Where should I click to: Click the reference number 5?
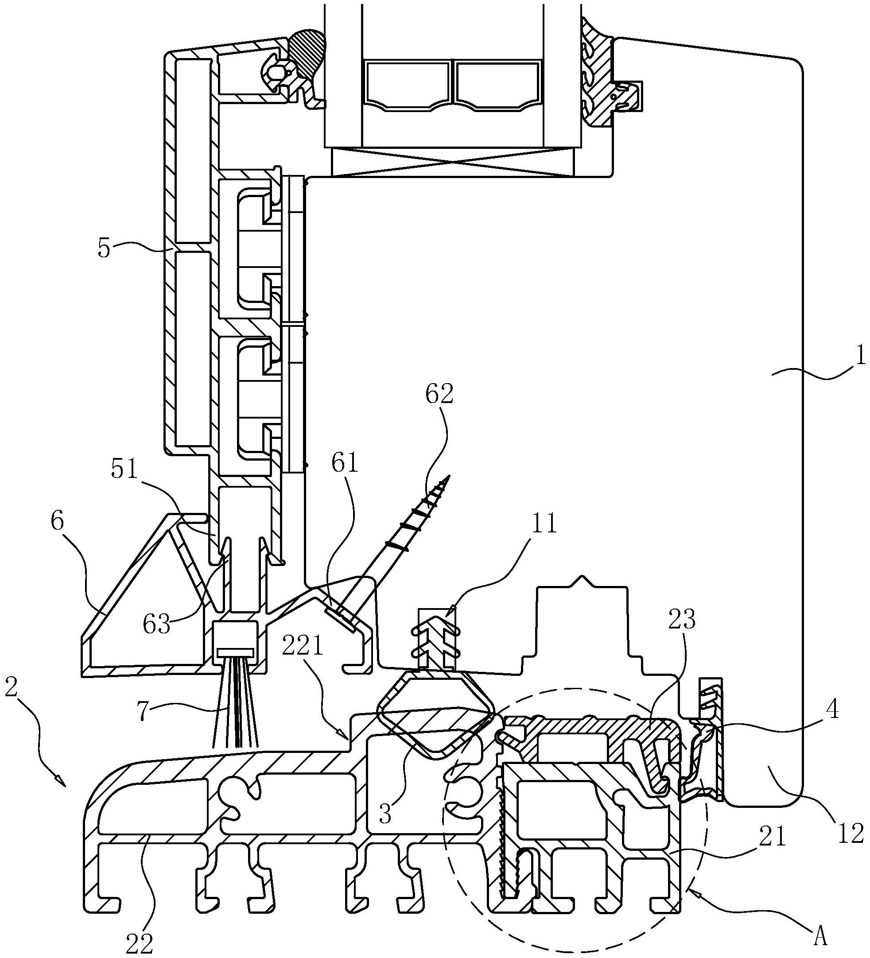105,249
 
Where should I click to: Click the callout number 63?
157,624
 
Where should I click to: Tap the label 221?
304,648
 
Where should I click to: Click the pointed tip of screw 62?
447,476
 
